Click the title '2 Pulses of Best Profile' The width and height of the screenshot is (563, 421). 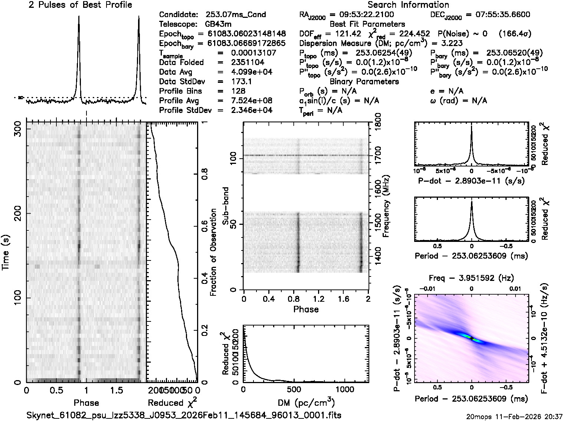click(80, 5)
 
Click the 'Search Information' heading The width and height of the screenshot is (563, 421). click(408, 5)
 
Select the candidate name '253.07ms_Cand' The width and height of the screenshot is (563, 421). click(236, 15)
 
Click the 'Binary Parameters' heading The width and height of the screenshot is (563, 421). click(364, 82)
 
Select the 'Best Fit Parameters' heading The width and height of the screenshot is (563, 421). click(364, 25)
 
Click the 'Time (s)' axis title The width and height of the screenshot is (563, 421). click(6, 253)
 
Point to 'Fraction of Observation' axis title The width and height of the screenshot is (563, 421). click(213, 253)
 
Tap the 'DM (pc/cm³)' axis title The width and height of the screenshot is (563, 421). click(306, 403)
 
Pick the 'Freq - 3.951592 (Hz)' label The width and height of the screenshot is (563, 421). click(471, 278)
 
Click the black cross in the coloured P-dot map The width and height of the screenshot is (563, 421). click(471, 339)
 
